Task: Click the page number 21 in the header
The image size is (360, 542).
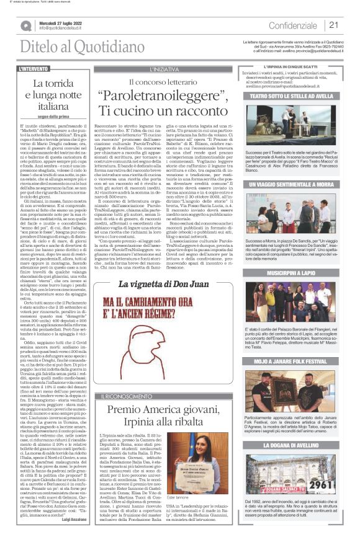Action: (x=333, y=25)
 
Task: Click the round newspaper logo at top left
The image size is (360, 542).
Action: (x=26, y=25)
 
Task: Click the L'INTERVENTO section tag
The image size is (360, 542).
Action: (x=34, y=69)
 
